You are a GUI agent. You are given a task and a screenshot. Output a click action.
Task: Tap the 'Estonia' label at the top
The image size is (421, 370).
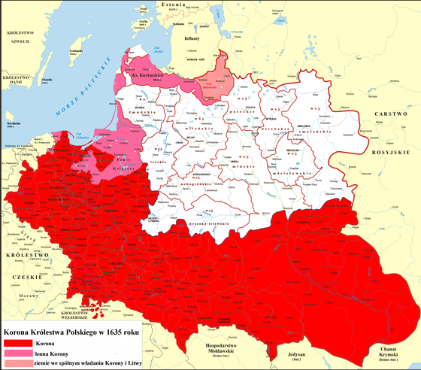186,4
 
